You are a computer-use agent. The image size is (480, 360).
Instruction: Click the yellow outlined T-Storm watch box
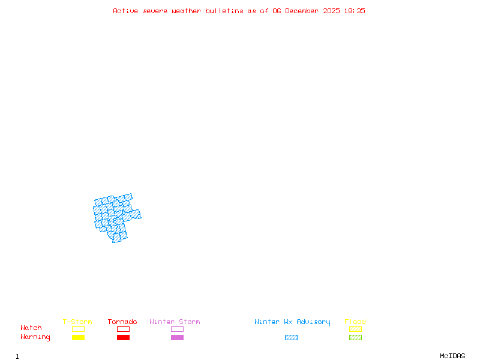click(x=78, y=329)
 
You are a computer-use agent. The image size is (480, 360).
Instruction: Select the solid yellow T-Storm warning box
click(x=78, y=338)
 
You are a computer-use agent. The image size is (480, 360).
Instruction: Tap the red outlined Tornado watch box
click(x=123, y=329)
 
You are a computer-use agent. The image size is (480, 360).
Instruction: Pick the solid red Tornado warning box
click(x=123, y=338)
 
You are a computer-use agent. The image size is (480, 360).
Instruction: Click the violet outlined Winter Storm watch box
click(x=177, y=329)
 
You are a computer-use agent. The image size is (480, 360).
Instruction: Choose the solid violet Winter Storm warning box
click(x=177, y=338)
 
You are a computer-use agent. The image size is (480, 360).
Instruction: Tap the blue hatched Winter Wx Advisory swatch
click(x=291, y=338)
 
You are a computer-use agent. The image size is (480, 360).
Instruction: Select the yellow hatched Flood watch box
click(x=355, y=329)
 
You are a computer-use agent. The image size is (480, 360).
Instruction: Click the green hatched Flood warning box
click(x=355, y=338)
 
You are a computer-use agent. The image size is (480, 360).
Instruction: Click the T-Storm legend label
click(x=77, y=322)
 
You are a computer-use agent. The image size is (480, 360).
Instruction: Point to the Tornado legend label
click(x=122, y=322)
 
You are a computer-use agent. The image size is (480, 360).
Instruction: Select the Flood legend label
click(x=355, y=322)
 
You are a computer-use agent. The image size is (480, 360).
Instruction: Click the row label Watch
click(x=31, y=328)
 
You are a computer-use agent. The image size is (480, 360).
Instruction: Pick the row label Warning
click(x=35, y=337)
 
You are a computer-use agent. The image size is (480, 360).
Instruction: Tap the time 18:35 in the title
click(x=354, y=11)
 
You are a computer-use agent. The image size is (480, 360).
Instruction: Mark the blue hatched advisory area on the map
click(x=114, y=216)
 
